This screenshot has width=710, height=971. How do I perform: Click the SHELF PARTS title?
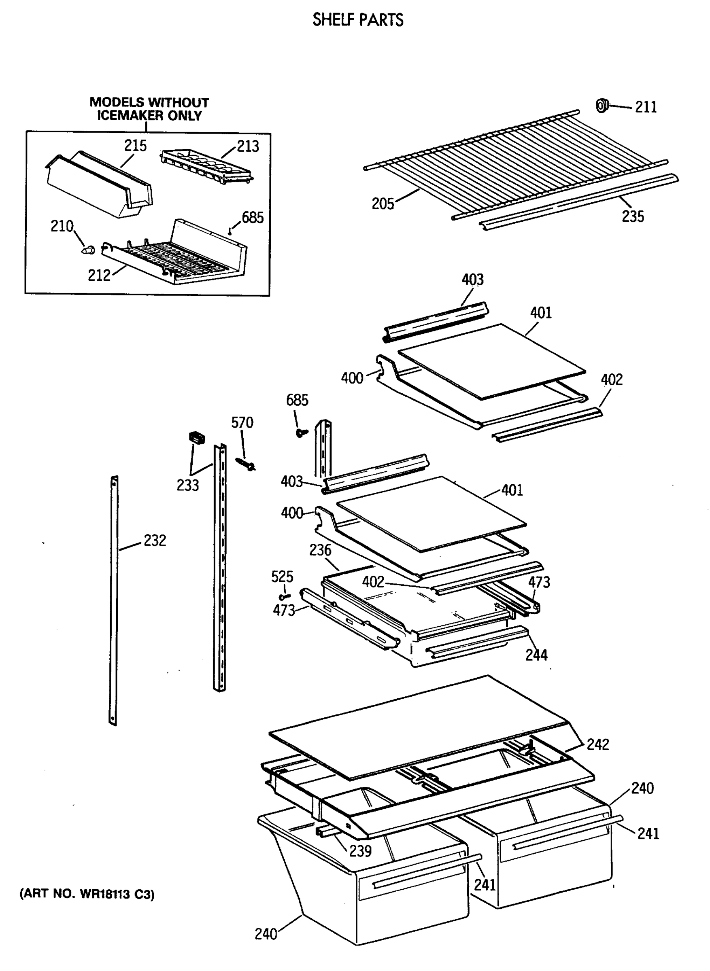[357, 20]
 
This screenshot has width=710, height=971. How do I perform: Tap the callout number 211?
[646, 107]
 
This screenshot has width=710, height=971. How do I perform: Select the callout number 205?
[383, 204]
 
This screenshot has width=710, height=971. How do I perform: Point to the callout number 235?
[633, 216]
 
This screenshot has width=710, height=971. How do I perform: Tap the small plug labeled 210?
[89, 250]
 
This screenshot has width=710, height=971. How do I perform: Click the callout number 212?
[99, 275]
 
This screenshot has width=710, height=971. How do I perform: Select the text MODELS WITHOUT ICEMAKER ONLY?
[149, 109]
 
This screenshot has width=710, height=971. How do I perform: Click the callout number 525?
[282, 577]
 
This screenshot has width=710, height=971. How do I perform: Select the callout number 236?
[320, 550]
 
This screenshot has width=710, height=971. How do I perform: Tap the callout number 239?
[360, 851]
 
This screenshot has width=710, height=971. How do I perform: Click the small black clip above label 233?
[197, 438]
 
